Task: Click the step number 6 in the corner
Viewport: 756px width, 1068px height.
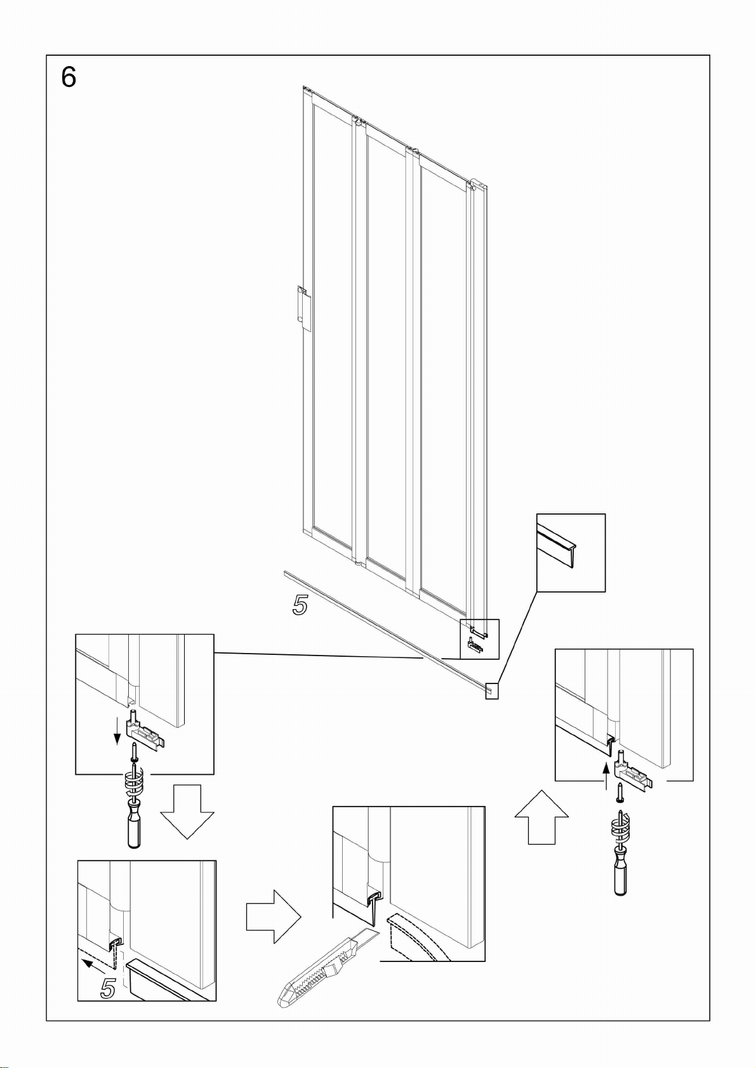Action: click(69, 77)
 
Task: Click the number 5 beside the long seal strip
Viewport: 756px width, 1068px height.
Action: click(300, 605)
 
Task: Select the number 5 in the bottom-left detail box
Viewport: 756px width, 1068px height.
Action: click(109, 989)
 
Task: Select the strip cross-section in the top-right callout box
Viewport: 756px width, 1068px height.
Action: click(557, 544)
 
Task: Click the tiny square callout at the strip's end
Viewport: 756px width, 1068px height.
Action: click(492, 691)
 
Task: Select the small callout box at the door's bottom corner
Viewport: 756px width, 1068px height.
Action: click(479, 639)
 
